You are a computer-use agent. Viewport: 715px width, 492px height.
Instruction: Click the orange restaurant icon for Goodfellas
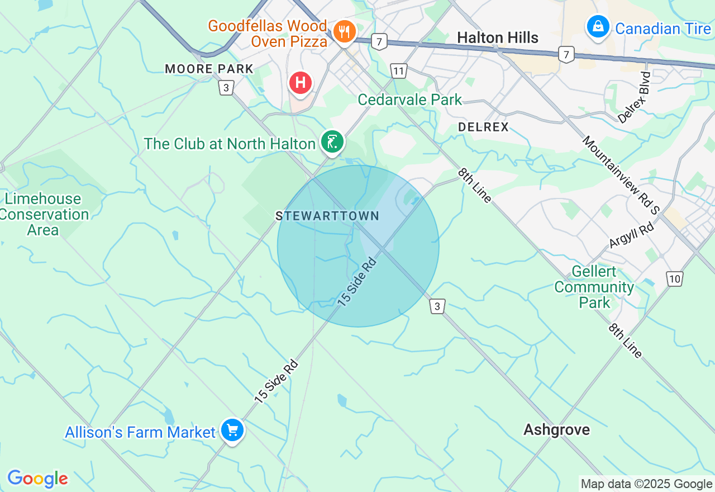click(345, 31)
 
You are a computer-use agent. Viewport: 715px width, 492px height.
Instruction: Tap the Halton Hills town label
click(498, 37)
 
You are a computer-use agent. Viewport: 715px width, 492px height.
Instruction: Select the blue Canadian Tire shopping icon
click(598, 26)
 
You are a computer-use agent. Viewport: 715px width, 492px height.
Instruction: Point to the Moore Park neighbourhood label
click(209, 69)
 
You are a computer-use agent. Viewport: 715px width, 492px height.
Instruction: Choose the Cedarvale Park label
click(410, 100)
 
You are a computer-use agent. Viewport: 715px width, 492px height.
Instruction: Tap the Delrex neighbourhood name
click(483, 127)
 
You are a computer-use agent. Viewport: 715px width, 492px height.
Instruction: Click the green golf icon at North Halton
click(332, 141)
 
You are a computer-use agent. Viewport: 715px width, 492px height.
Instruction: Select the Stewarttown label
click(327, 216)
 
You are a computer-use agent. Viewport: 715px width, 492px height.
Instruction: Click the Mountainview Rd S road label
click(621, 174)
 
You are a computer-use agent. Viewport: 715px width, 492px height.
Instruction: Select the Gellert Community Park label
click(594, 287)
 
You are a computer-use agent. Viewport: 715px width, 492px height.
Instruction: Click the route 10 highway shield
click(675, 278)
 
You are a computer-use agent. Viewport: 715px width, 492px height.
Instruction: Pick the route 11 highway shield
click(398, 71)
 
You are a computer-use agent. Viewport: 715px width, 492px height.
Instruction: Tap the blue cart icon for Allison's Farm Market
click(231, 430)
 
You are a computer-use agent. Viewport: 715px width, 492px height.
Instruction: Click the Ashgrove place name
click(556, 429)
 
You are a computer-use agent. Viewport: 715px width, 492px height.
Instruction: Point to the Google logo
click(37, 479)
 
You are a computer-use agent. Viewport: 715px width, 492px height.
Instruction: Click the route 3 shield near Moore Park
click(226, 88)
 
